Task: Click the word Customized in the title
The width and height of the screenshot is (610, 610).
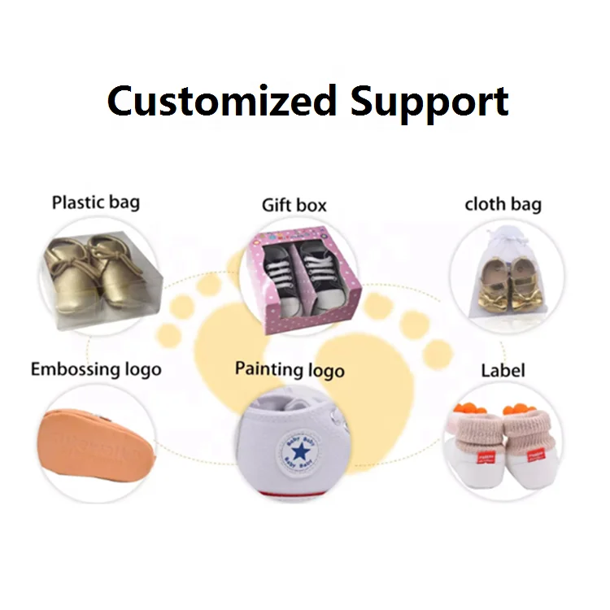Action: tap(221, 102)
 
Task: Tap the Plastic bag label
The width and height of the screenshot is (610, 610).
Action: tap(96, 203)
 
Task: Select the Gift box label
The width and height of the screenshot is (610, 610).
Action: tap(294, 205)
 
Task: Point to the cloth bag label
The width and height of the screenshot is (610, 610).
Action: tap(503, 204)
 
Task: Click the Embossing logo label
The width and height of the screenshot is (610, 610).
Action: tap(96, 370)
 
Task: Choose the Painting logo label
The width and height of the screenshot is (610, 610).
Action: tap(290, 370)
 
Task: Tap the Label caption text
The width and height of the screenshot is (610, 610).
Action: tap(503, 371)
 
